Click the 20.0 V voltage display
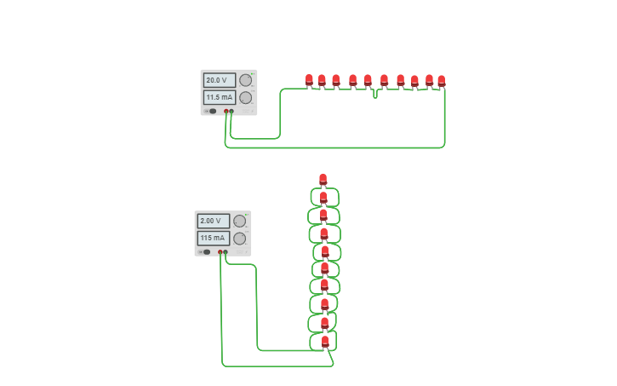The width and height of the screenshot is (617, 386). (x=219, y=80)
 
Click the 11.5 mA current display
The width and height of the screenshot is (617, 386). (x=219, y=98)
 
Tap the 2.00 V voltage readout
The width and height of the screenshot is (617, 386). (x=213, y=222)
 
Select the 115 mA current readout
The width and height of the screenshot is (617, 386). (x=213, y=239)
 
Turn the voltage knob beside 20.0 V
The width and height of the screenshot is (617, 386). (x=246, y=80)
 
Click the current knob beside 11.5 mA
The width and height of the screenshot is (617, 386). (x=246, y=98)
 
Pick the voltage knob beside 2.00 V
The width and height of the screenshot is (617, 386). (x=240, y=222)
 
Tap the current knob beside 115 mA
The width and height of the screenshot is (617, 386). (x=240, y=239)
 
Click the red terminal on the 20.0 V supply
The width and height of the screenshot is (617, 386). (x=226, y=111)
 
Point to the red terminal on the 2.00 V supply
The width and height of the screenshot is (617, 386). (x=220, y=252)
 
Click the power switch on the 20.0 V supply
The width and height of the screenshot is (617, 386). (x=212, y=111)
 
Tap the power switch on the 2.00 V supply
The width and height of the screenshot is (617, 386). (x=206, y=252)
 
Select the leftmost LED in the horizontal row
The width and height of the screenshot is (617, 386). (x=309, y=80)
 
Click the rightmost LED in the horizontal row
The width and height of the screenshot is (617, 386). (x=441, y=81)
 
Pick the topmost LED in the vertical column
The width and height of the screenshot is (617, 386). (x=323, y=179)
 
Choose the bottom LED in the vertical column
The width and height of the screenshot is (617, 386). (x=324, y=341)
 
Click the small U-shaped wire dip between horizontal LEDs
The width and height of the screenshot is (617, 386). (x=375, y=94)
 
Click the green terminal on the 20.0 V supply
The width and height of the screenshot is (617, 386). (x=231, y=111)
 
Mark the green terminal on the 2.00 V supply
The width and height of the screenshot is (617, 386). (x=226, y=252)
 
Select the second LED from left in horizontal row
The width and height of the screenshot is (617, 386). (x=322, y=81)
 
